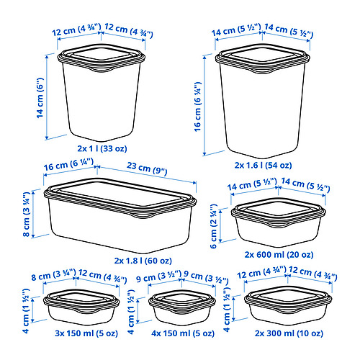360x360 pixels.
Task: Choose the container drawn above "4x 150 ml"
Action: click(x=179, y=307)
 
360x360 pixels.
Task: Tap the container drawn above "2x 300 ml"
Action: click(x=288, y=306)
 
